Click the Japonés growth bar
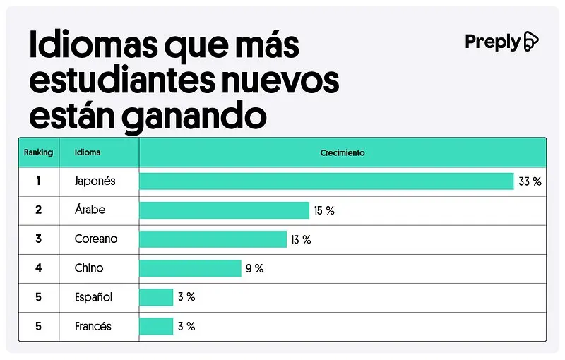tap(326, 181)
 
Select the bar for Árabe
tap(224, 210)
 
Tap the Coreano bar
tap(213, 239)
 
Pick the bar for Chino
tap(190, 268)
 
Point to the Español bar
tap(156, 297)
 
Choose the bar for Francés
tap(156, 326)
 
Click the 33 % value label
tap(530, 181)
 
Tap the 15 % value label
tap(325, 210)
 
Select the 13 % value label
tap(301, 239)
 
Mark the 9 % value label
tap(254, 268)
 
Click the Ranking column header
tap(38, 152)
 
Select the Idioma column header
tap(88, 152)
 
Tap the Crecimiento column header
tap(343, 152)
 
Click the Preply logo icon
tap(530, 42)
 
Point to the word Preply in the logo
tap(492, 42)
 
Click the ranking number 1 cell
tap(38, 181)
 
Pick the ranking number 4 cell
tap(38, 268)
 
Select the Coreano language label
tap(96, 239)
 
